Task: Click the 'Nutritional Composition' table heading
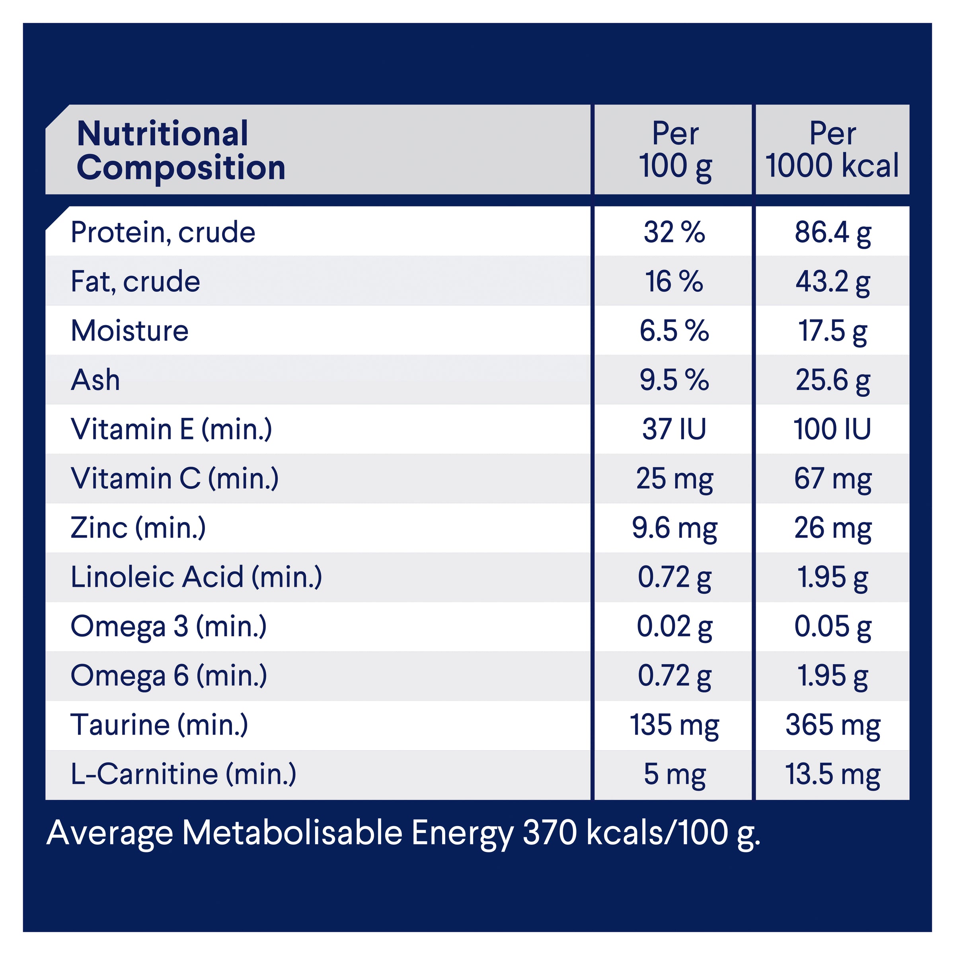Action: [x=181, y=150]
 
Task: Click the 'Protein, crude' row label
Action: [x=163, y=232]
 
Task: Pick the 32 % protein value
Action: [x=674, y=232]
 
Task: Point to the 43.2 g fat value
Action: [x=833, y=282]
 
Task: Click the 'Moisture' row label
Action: [x=129, y=331]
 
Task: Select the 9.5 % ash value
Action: [x=674, y=380]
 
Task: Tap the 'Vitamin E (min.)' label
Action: [x=171, y=429]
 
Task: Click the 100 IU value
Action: [x=832, y=429]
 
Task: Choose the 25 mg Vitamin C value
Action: [x=674, y=478]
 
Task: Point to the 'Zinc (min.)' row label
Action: [x=138, y=528]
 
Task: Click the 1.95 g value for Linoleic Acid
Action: [x=833, y=577]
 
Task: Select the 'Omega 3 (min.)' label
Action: [x=169, y=626]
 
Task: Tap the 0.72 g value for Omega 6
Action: [x=674, y=676]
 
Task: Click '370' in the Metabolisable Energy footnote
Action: [x=550, y=833]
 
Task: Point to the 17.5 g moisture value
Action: [x=833, y=331]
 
